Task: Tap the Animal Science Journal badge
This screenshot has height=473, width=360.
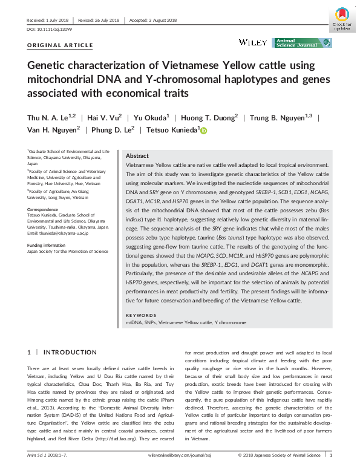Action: tap(303, 42)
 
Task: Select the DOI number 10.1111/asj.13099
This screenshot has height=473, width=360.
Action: tap(50, 29)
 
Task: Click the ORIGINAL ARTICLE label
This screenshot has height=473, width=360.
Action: tap(61, 45)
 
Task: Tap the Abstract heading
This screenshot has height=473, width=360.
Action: tap(137, 155)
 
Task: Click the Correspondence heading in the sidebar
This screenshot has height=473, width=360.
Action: tap(43, 209)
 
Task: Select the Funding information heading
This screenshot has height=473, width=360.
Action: tap(47, 245)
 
